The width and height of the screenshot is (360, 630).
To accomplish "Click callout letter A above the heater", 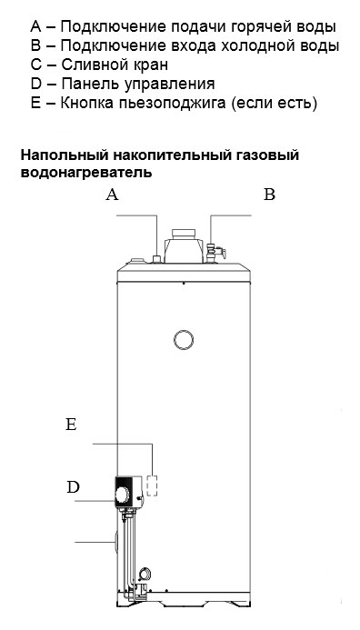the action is pyautogui.click(x=112, y=195).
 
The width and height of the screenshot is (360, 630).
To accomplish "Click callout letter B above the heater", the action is pyautogui.click(x=270, y=195).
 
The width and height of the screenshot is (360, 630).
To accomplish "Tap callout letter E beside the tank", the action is pyautogui.click(x=71, y=425).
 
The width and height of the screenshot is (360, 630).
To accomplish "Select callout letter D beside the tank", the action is pyautogui.click(x=73, y=487).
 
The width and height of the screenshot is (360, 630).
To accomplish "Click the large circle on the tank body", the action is pyautogui.click(x=184, y=340).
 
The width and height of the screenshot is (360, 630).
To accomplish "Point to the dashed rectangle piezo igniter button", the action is pyautogui.click(x=153, y=485).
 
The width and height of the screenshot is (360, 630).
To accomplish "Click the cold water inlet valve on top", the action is pyautogui.click(x=215, y=253).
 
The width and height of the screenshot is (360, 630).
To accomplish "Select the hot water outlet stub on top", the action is pyautogui.click(x=156, y=258).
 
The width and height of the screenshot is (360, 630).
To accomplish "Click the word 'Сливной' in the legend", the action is pyautogui.click(x=85, y=65).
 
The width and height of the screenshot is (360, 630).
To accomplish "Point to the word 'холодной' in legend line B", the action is pyautogui.click(x=256, y=45).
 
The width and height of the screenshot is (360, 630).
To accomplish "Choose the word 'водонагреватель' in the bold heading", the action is pyautogui.click(x=86, y=173).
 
